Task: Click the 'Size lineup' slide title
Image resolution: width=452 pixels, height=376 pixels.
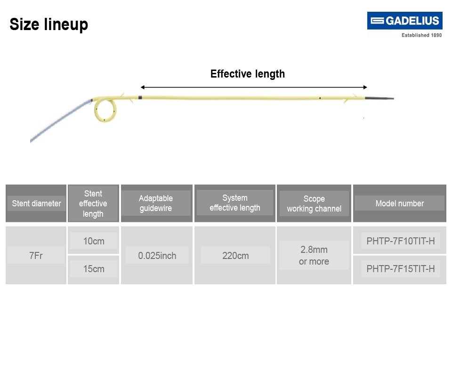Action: click(48, 24)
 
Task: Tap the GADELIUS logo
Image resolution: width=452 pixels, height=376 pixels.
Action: click(404, 21)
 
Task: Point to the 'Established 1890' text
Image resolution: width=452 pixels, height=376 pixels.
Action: click(421, 35)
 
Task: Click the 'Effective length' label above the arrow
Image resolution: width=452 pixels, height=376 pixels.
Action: click(247, 74)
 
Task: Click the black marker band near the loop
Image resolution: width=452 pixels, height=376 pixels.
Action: click(140, 98)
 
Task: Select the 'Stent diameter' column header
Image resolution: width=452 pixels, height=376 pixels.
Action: click(36, 204)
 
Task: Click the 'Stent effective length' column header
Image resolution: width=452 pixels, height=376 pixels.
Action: click(93, 204)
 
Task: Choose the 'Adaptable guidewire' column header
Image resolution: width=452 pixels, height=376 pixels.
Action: click(156, 204)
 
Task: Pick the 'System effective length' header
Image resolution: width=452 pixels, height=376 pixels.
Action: click(234, 203)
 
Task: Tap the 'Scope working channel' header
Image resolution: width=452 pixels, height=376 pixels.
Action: click(314, 204)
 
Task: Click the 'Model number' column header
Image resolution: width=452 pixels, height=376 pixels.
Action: click(399, 204)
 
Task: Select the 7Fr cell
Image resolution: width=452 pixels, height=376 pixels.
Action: click(36, 256)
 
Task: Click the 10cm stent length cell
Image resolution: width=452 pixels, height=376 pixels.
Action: click(93, 241)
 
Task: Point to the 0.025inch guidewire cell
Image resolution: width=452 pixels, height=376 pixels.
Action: click(157, 256)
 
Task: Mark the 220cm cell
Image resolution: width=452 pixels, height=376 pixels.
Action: click(235, 256)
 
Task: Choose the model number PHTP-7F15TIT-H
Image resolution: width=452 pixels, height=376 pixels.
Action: click(400, 269)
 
